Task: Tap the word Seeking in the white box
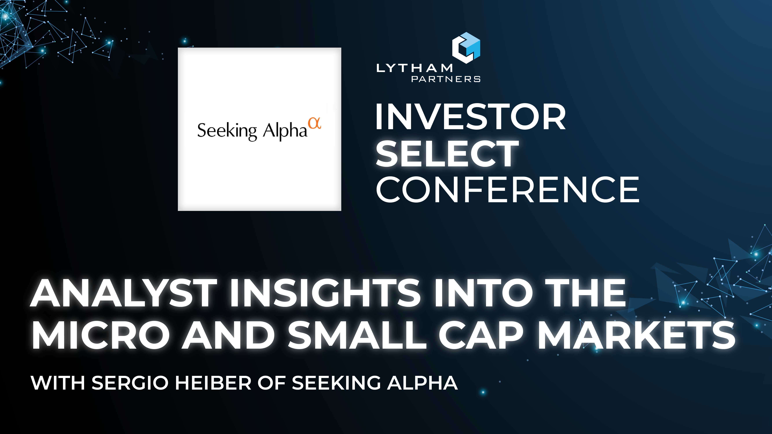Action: point(227,131)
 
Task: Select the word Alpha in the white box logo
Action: point(285,131)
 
